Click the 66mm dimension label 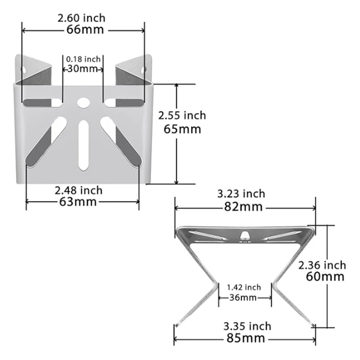coord(85,30)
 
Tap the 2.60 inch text coord(81,18)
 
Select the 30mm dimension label coord(83,69)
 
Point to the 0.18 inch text coord(83,59)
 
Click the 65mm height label coord(182,129)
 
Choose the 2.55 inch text coord(182,115)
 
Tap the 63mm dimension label coord(78,202)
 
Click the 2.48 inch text coord(79,191)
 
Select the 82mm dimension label coord(243,207)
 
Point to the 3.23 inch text coord(241,194)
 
